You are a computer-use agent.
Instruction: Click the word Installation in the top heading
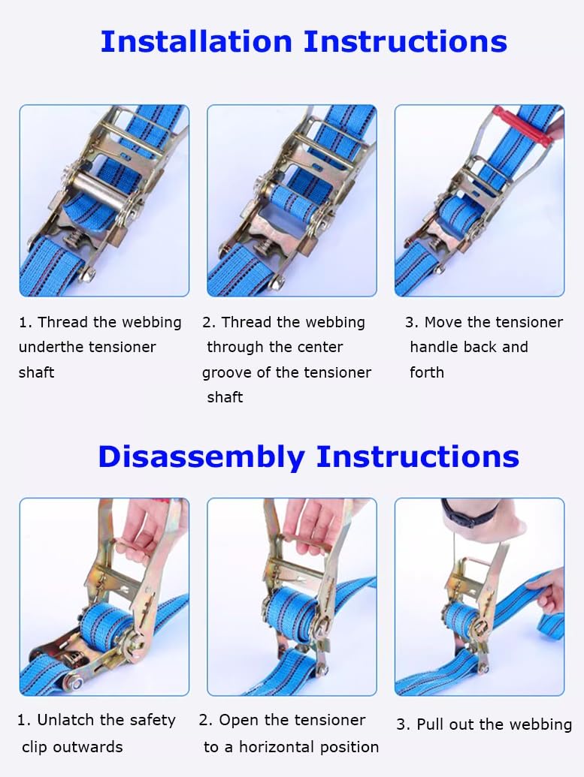pyautogui.click(x=196, y=41)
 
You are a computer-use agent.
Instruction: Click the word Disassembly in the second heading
pyautogui.click(x=201, y=457)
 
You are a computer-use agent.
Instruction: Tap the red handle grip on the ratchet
pyautogui.click(x=522, y=126)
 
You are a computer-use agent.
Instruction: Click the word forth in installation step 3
pyautogui.click(x=427, y=372)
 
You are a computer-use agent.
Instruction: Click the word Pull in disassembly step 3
pyautogui.click(x=431, y=724)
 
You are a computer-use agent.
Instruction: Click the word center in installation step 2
pyautogui.click(x=319, y=347)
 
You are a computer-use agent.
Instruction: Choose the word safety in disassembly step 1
pyautogui.click(x=153, y=720)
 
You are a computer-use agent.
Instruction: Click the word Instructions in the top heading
pyautogui.click(x=405, y=41)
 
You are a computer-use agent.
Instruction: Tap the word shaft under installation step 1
pyautogui.click(x=36, y=372)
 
